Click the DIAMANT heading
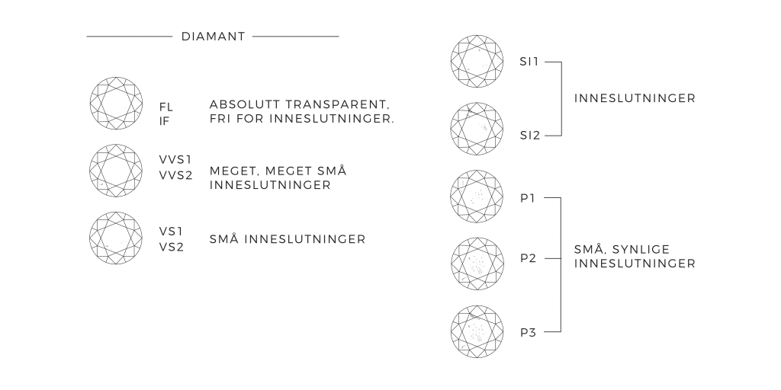(214, 36)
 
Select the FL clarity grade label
(166, 107)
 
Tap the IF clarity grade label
(164, 120)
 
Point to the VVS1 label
(175, 159)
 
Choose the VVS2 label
(176, 174)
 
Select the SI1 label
(529, 61)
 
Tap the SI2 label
(530, 136)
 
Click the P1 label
(528, 198)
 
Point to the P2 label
(529, 258)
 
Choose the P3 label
(529, 332)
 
